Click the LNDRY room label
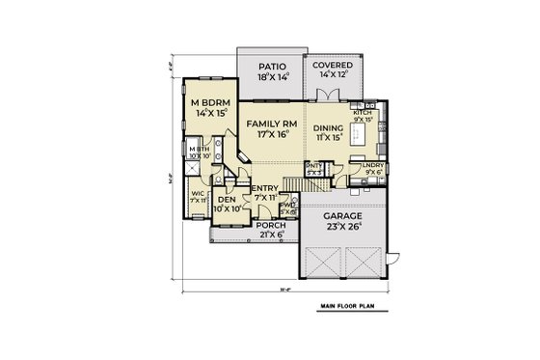(372, 166)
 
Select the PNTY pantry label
(312, 166)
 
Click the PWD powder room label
(286, 205)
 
